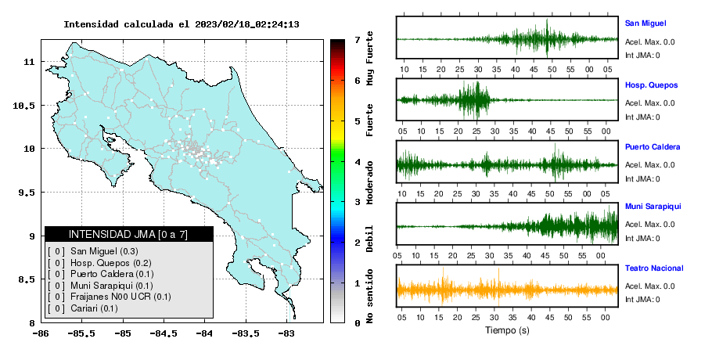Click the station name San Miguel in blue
point(645,23)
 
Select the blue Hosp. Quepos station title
point(651,85)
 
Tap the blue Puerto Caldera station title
point(653,147)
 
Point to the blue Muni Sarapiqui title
point(653,207)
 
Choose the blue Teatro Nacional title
point(654,268)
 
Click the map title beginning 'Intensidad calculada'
point(182,24)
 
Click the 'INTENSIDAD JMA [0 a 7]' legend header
point(128,234)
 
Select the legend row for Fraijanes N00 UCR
point(109,297)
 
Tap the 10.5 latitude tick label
point(24,106)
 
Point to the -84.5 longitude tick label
point(164,333)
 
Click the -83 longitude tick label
point(286,333)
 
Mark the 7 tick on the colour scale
point(358,40)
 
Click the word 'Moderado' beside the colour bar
point(369,182)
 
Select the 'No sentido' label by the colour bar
point(369,296)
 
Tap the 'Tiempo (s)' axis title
point(507,330)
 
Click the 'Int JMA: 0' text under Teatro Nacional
point(642,300)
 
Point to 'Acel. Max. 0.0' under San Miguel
point(649,42)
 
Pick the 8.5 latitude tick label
point(27,279)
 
